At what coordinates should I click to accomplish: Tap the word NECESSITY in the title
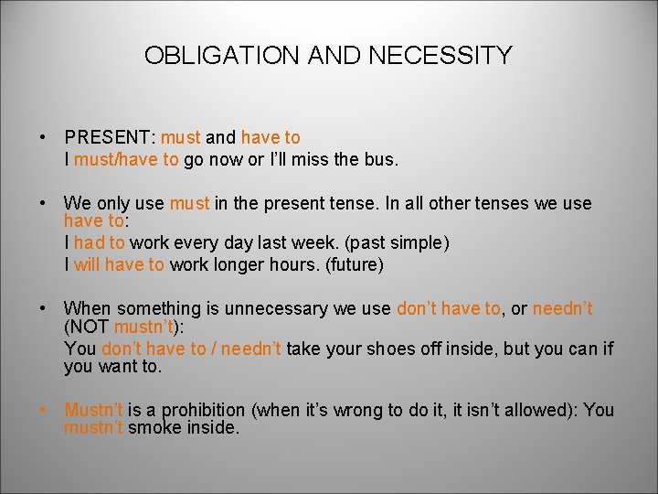point(440,56)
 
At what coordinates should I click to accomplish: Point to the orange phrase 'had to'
point(100,243)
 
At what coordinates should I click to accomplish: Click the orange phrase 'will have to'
point(119,265)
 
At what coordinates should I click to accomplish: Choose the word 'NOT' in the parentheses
point(90,328)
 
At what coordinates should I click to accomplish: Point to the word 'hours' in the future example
point(284,265)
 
